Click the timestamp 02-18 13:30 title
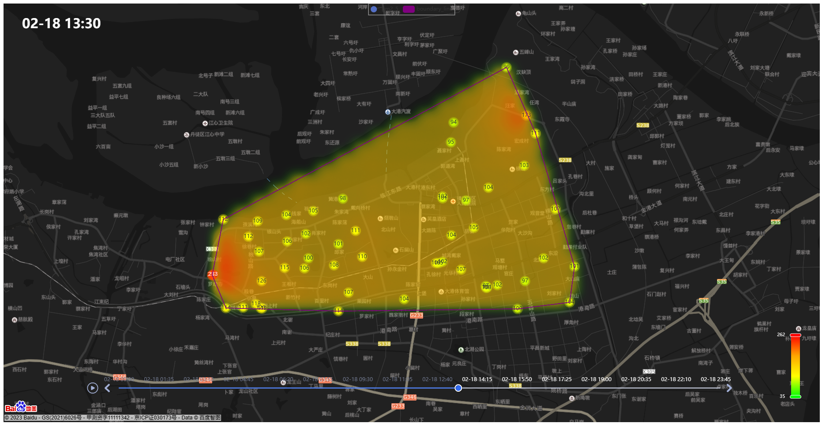(x=61, y=23)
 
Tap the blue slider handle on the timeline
(x=458, y=388)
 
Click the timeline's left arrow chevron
(x=107, y=388)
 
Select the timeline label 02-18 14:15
(x=477, y=379)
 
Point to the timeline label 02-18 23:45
(x=716, y=379)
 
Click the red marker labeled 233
(x=213, y=274)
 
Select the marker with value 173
(x=526, y=115)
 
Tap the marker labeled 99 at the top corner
(x=507, y=67)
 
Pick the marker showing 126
(x=262, y=281)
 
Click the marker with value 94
(x=454, y=122)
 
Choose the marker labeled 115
(x=285, y=267)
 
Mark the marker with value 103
(x=524, y=165)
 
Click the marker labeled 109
(x=258, y=221)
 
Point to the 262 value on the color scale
(x=781, y=334)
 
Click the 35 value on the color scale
(x=782, y=396)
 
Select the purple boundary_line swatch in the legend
(x=409, y=9)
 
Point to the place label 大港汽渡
(x=401, y=111)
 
